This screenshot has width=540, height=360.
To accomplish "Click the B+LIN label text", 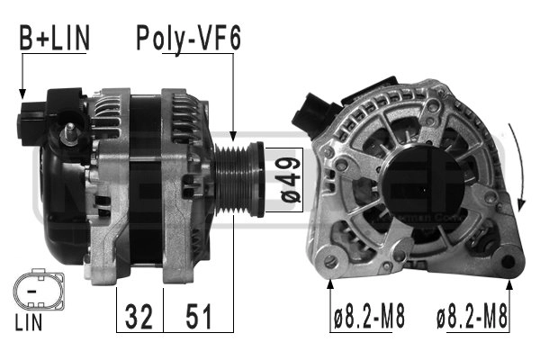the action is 54,38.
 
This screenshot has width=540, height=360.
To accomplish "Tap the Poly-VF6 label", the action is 188,38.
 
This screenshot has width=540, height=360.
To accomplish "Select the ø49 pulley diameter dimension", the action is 291,180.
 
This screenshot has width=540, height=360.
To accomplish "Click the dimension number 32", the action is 139,316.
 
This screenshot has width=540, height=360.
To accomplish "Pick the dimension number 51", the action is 199,316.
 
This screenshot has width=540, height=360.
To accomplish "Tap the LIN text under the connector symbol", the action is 29,323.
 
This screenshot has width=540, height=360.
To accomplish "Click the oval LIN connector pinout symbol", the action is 39,291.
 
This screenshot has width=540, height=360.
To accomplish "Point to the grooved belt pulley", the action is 239,179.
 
